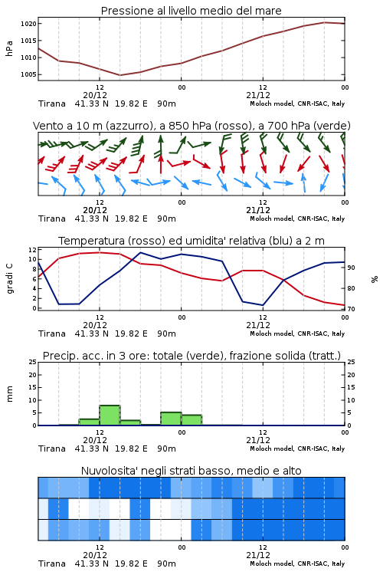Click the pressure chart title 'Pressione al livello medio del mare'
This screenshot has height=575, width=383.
(191, 11)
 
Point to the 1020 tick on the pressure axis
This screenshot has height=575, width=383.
(28, 24)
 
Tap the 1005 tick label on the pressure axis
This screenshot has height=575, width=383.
(28, 74)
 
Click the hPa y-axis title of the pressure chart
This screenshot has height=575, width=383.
(9, 48)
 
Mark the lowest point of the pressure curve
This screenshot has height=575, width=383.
(119, 75)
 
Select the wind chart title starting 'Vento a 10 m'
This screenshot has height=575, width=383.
(191, 126)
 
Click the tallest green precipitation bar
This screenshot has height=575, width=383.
(110, 415)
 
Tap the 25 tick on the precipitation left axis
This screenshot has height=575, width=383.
(33, 362)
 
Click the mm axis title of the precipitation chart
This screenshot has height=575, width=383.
(9, 394)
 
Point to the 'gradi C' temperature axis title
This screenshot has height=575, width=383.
(9, 278)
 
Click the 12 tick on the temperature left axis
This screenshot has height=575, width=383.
(33, 250)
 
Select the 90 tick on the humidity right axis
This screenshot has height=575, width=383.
(351, 268)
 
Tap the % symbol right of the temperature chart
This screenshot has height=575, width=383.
(375, 279)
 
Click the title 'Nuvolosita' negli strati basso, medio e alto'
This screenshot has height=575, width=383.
(191, 471)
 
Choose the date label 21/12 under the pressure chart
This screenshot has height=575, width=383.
(258, 95)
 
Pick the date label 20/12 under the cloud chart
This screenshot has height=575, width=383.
(95, 555)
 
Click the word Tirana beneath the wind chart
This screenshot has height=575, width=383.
(52, 219)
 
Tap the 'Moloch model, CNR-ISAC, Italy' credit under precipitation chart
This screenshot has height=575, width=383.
(297, 449)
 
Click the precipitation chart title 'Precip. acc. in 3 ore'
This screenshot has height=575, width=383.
(96, 356)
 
